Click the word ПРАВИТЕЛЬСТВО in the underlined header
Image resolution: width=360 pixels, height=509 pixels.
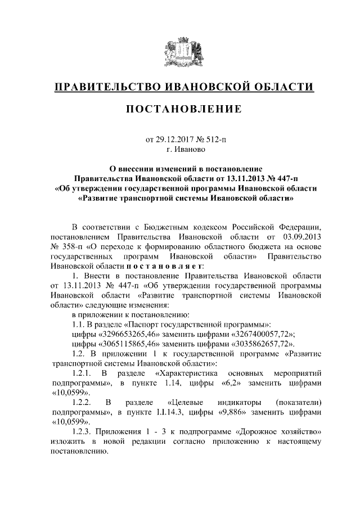(103, 87)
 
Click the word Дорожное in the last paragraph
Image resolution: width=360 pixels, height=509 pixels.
(254, 432)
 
